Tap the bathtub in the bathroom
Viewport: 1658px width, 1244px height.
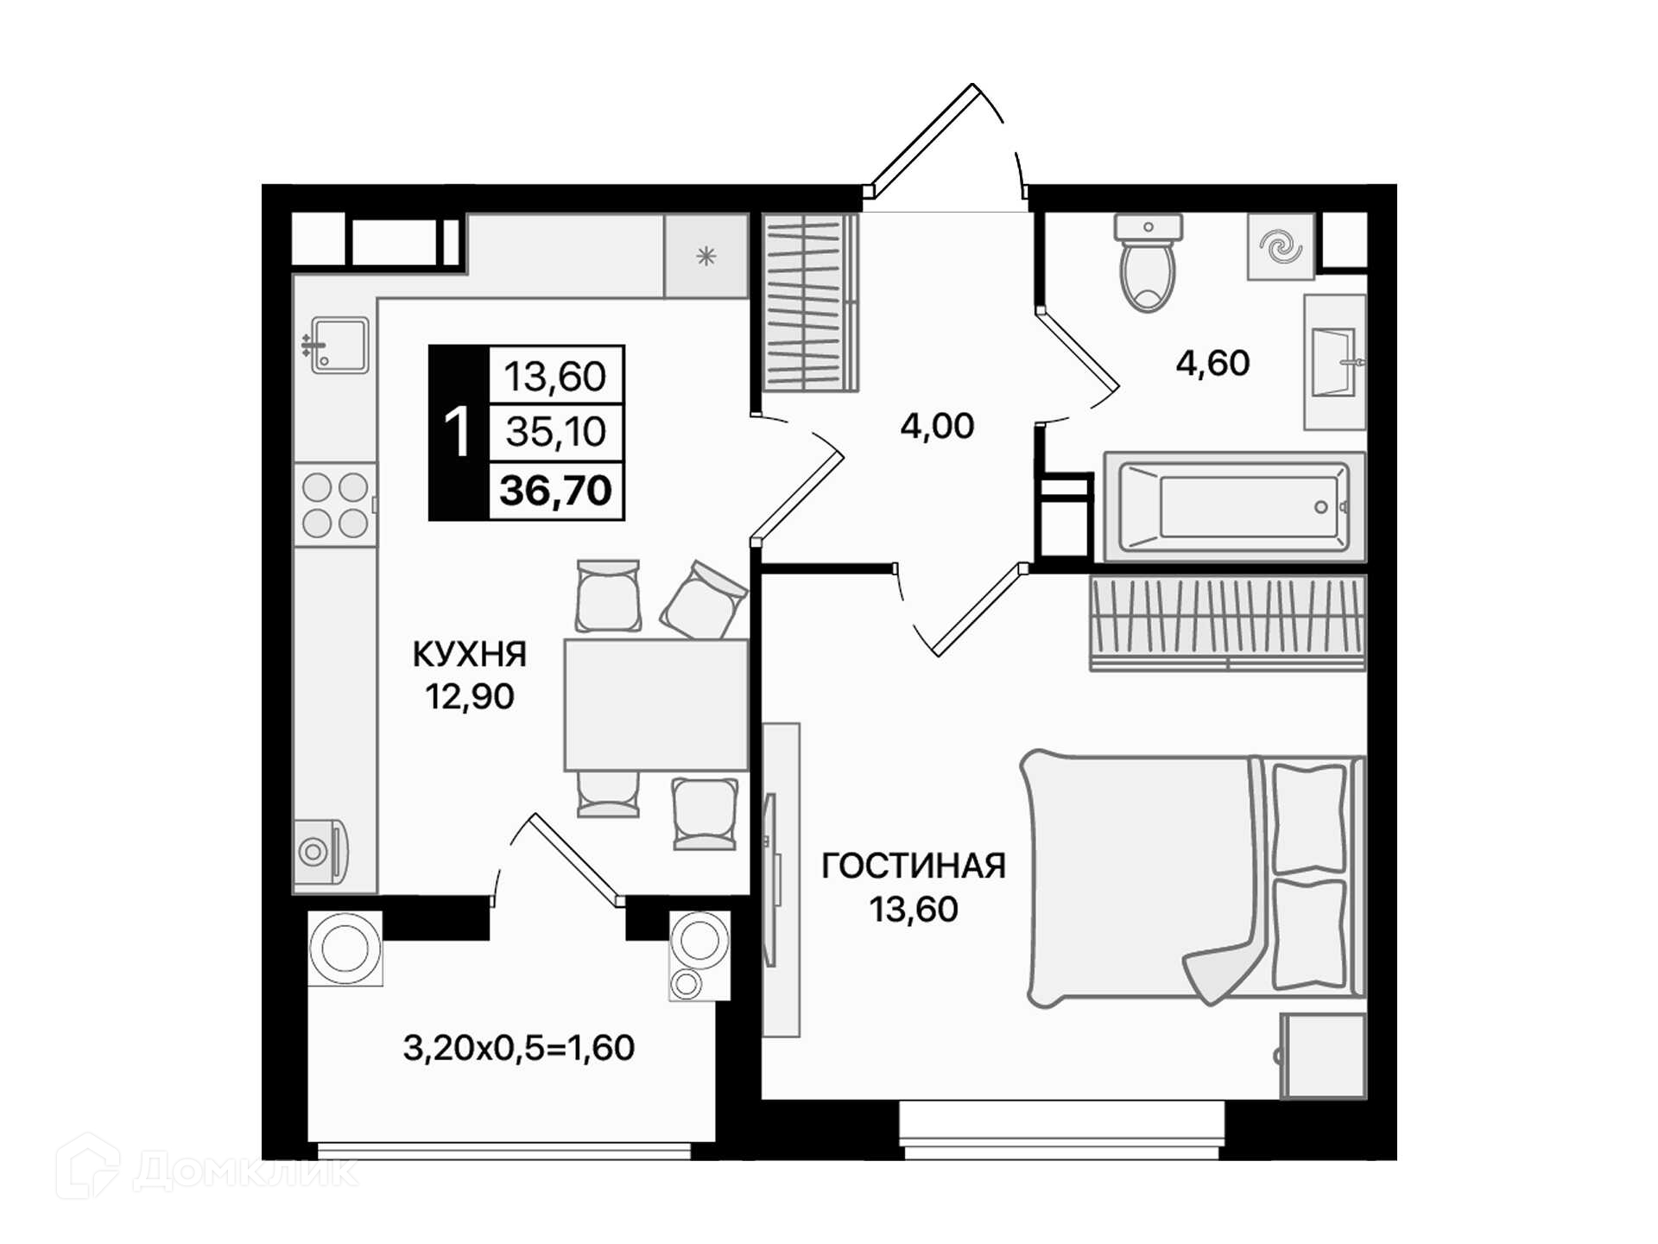click(1234, 507)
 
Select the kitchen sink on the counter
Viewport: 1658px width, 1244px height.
click(338, 346)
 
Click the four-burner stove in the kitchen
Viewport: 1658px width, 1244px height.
click(335, 505)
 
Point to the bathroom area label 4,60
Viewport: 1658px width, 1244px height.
click(1212, 364)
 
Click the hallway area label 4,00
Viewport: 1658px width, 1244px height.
click(937, 426)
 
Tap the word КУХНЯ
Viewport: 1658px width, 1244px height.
click(469, 655)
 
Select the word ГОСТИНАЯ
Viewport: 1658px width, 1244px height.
click(914, 866)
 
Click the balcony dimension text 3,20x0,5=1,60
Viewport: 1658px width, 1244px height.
click(519, 1048)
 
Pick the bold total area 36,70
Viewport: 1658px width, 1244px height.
click(556, 490)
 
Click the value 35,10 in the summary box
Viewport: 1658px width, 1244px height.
click(556, 431)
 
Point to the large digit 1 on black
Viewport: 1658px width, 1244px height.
click(457, 432)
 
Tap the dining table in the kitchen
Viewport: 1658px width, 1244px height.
click(655, 705)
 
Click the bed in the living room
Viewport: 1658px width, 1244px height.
click(1193, 878)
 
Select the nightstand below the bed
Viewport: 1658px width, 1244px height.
click(1323, 1056)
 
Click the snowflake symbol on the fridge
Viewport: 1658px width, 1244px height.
click(706, 256)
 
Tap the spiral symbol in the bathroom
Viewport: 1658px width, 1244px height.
click(1281, 246)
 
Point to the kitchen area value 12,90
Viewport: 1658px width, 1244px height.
click(470, 696)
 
